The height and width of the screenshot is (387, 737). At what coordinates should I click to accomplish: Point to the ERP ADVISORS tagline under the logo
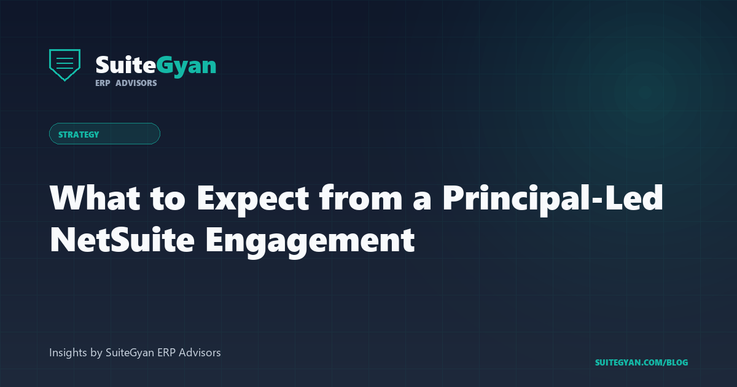pyautogui.click(x=126, y=83)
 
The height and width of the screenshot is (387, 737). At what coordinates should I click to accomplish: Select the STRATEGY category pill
pyautogui.click(x=104, y=134)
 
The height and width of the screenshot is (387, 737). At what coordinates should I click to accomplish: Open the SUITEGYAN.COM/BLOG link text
pyautogui.click(x=641, y=362)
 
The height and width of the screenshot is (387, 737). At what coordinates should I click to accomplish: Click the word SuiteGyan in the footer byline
pyautogui.click(x=130, y=353)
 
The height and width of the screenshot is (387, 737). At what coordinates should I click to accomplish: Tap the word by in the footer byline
pyautogui.click(x=96, y=353)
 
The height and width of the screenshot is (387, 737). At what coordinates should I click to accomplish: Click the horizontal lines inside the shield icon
pyautogui.click(x=64, y=62)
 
